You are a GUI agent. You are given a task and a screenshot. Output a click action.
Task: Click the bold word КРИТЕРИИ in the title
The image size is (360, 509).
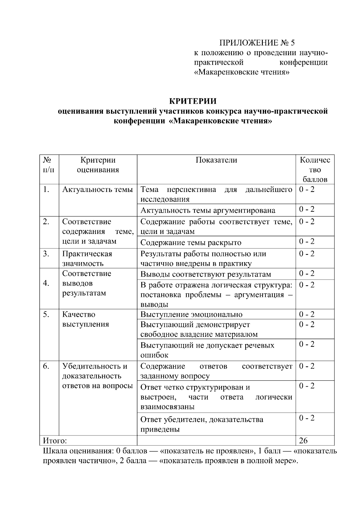click(193, 101)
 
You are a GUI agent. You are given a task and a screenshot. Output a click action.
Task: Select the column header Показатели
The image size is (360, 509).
click(216, 160)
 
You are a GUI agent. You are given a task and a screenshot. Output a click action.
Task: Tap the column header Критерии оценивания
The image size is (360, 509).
click(98, 165)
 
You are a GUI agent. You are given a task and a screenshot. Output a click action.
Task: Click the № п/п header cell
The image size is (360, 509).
click(49, 165)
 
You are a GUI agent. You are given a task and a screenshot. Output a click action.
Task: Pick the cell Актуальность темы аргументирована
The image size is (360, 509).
click(208, 210)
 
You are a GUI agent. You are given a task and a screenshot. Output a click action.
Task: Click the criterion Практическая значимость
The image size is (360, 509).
click(87, 259)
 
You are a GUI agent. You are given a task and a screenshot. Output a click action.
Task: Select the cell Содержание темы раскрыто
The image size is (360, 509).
click(191, 242)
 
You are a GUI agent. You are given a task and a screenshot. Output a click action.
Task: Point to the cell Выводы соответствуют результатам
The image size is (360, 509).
click(205, 274)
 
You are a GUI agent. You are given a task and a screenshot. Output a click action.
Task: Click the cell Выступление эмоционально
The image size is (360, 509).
click(191, 314)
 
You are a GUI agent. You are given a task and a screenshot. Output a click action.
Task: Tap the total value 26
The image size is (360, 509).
click(303, 440)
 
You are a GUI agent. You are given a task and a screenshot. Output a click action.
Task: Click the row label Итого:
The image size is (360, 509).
click(55, 441)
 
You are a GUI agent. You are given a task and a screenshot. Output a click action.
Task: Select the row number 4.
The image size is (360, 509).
click(46, 283)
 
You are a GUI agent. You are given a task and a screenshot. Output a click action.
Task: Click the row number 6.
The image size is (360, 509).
click(46, 366)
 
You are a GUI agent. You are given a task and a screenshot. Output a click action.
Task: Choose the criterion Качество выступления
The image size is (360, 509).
click(85, 319)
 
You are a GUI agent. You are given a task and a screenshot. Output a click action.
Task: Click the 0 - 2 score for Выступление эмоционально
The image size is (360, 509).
click(307, 314)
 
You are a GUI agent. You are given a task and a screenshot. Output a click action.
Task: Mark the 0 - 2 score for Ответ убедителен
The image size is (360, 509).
click(307, 418)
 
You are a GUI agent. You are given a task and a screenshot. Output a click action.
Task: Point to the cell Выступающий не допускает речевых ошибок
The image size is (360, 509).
click(207, 350)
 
